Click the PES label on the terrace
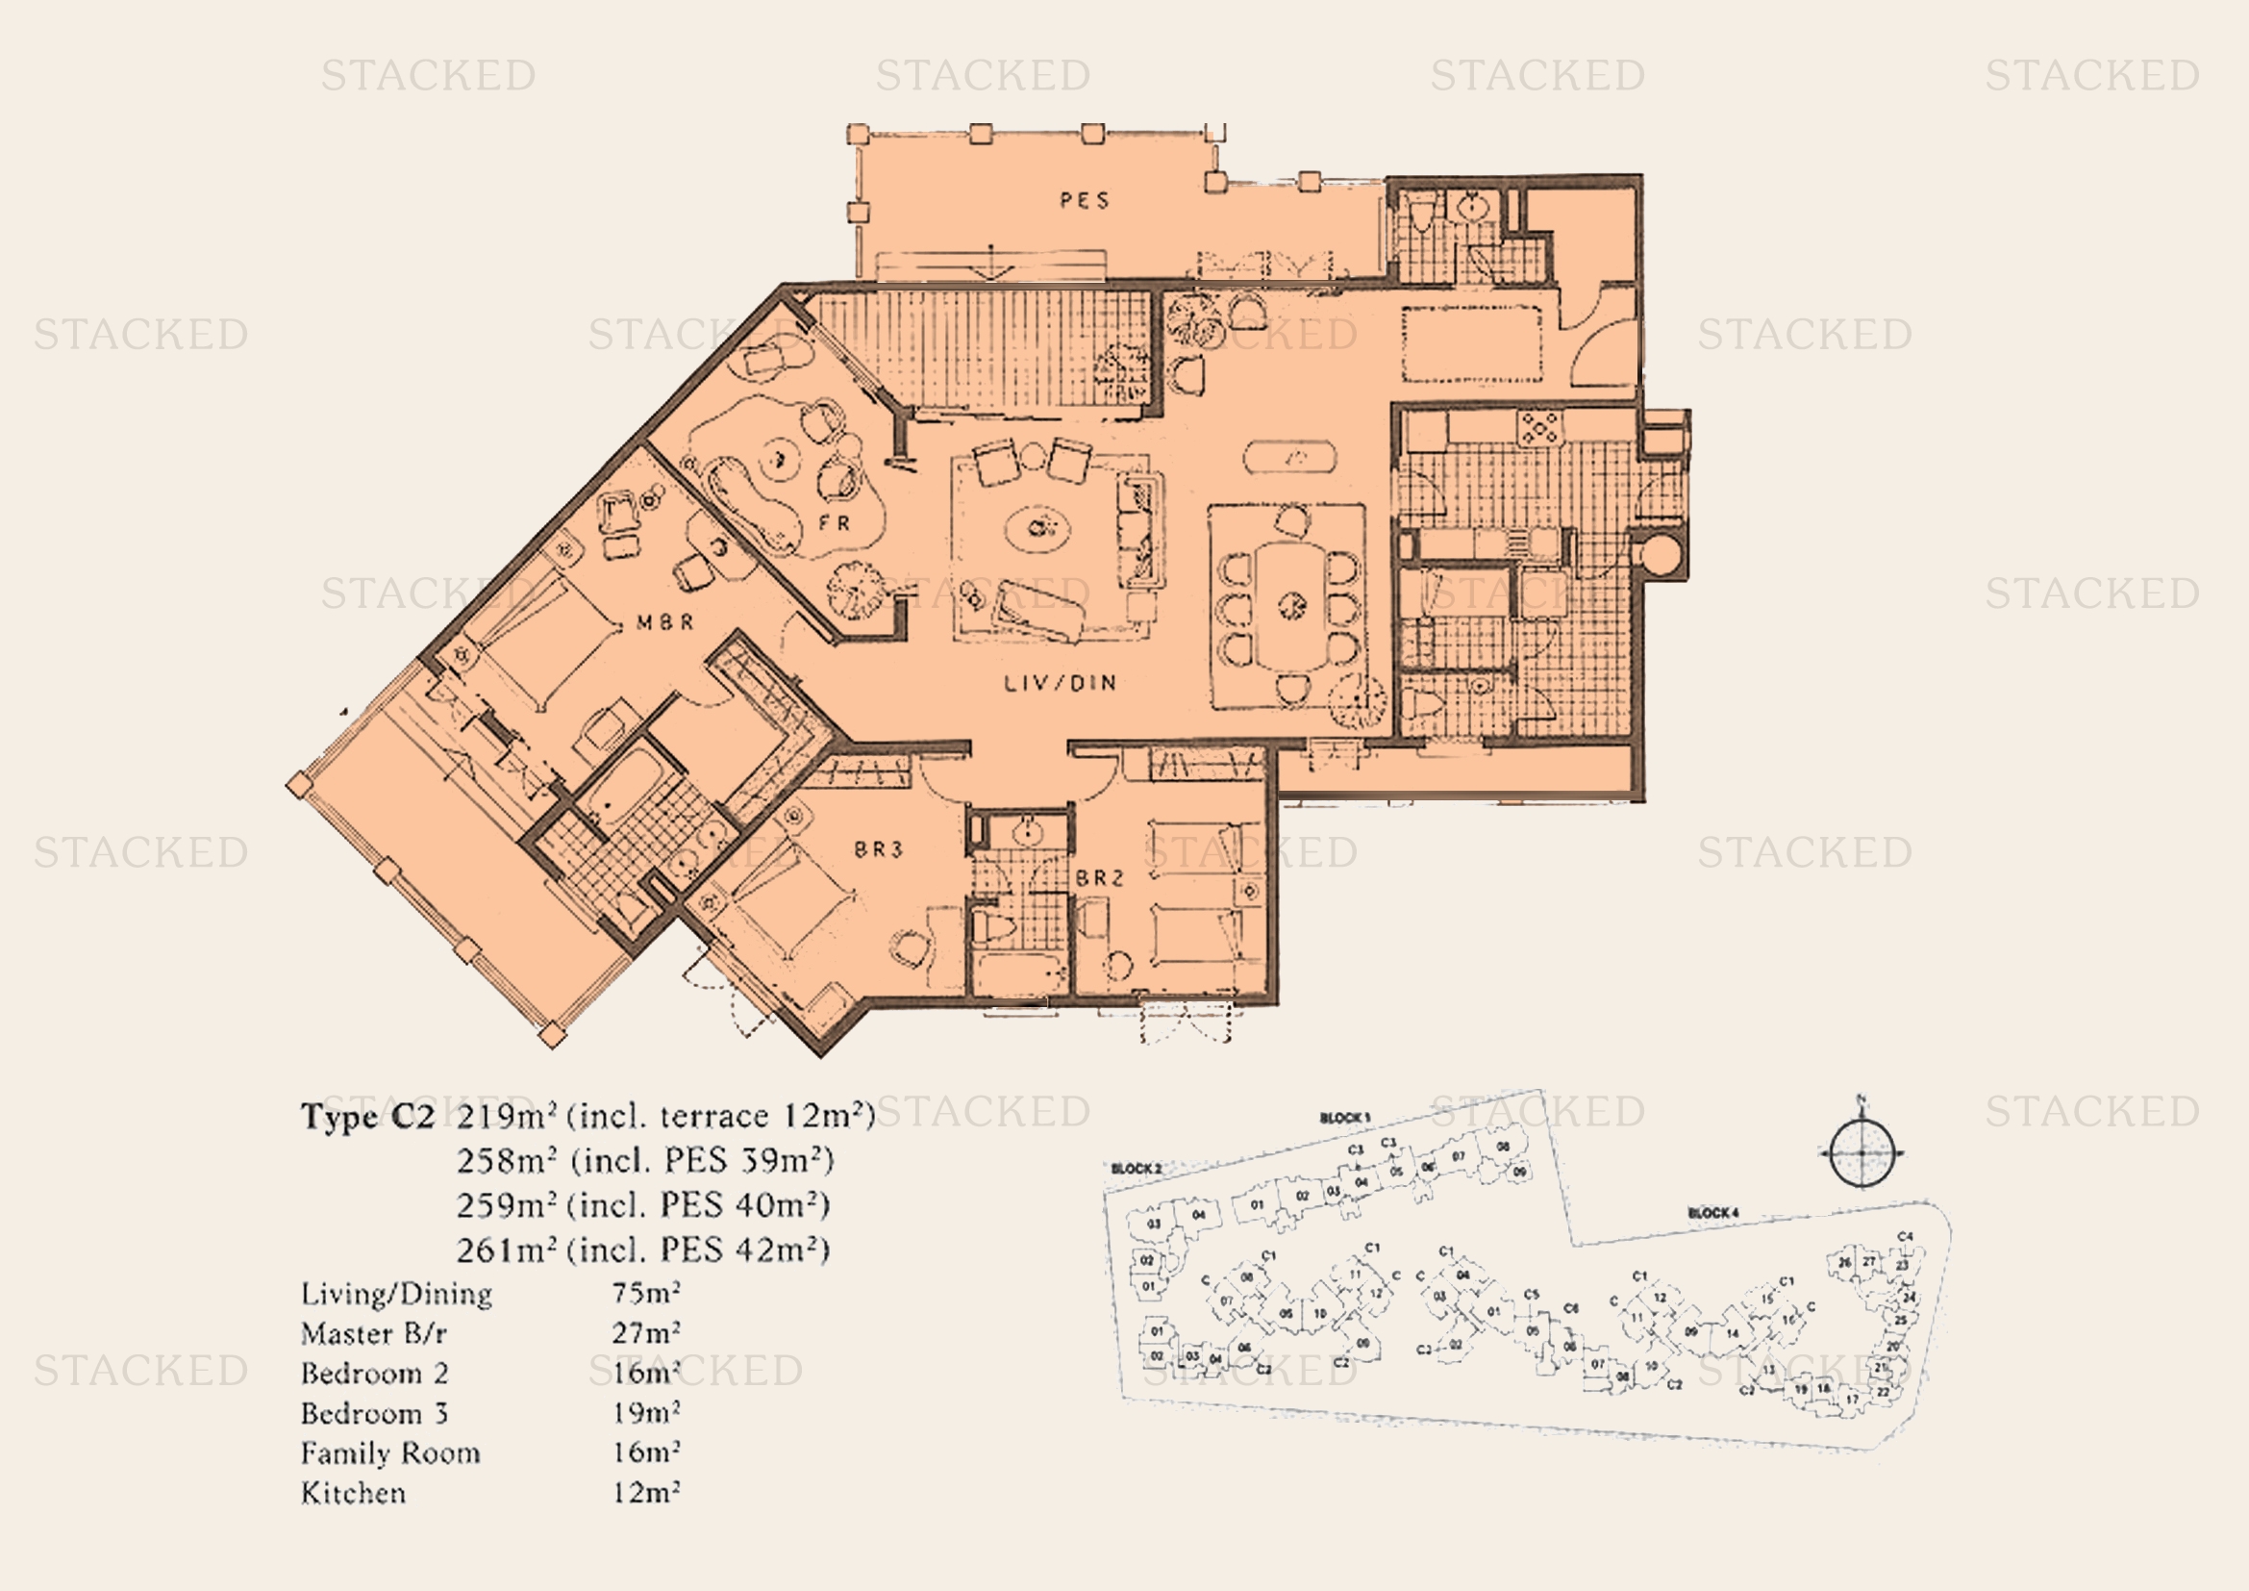[1085, 201]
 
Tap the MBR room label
[665, 622]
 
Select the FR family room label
[835, 523]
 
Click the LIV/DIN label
[1061, 683]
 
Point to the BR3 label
[878, 849]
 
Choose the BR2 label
[1100, 878]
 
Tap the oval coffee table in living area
[1039, 529]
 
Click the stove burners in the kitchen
[1538, 427]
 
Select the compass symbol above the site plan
[1862, 1153]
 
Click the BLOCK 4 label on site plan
[1713, 1213]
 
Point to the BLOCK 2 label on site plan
[1137, 1169]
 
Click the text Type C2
[367, 1116]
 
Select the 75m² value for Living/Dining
[646, 1293]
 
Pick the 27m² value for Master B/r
[646, 1333]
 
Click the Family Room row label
[390, 1452]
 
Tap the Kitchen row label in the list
[354, 1493]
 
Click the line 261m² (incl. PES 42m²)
[643, 1250]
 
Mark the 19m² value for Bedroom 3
[646, 1413]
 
